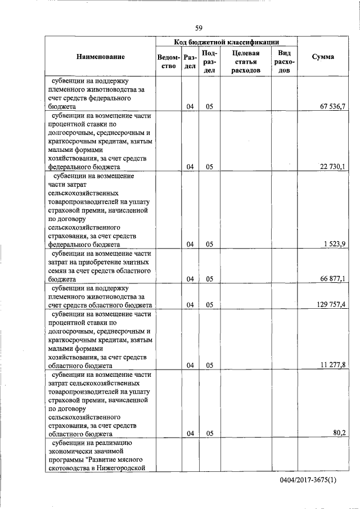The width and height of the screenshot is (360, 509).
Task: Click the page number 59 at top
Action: coord(199,28)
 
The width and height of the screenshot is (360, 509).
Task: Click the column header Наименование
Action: coord(101,57)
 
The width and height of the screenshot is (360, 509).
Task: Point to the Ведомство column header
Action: coord(168,61)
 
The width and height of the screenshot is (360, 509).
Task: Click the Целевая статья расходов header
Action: coord(245,61)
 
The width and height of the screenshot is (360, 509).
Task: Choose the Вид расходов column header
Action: coord(280,61)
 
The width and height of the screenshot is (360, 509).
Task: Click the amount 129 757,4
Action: coord(331,305)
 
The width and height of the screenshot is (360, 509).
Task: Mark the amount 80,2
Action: coord(339,434)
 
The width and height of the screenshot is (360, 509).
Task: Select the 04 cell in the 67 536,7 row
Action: coord(190,106)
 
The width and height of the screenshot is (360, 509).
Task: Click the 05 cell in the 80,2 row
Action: coord(209,434)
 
